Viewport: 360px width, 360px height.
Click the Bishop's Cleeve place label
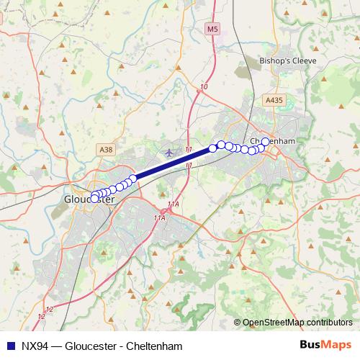click(x=288, y=62)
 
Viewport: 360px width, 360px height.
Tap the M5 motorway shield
click(x=211, y=29)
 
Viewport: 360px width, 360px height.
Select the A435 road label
click(x=274, y=102)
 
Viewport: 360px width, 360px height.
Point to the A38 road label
click(x=105, y=149)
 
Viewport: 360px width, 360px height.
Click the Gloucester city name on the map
click(x=90, y=199)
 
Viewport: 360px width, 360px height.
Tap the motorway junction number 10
click(x=204, y=87)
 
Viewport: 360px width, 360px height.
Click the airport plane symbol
click(x=169, y=153)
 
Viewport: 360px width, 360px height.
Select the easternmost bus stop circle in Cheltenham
click(x=265, y=141)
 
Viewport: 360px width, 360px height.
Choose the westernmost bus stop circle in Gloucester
click(x=94, y=198)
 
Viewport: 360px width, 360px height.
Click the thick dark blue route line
click(x=173, y=163)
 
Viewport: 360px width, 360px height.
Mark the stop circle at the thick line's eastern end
click(x=212, y=149)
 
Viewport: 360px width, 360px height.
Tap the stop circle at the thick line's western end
click(x=133, y=178)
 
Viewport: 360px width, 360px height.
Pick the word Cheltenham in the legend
click(x=154, y=346)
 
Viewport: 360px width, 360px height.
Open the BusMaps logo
click(x=326, y=346)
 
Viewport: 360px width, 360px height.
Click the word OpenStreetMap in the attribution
click(x=273, y=323)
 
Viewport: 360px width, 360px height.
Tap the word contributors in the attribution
click(x=328, y=323)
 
